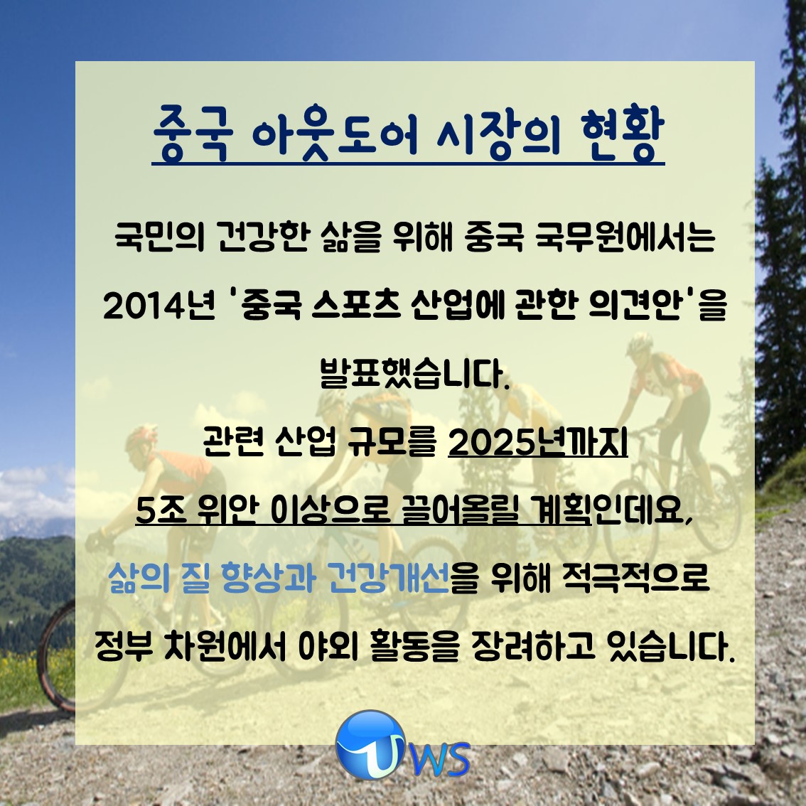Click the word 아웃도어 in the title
coord(335,133)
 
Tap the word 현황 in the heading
coord(623,133)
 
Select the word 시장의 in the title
coord(499,133)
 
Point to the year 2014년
coord(158,306)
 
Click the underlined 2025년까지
coord(537,442)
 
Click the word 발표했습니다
coord(414,374)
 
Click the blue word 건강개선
coord(388,577)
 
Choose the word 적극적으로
coord(635,577)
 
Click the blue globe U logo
coord(371,744)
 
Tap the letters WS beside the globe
coord(441,760)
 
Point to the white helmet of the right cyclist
coord(640,343)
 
